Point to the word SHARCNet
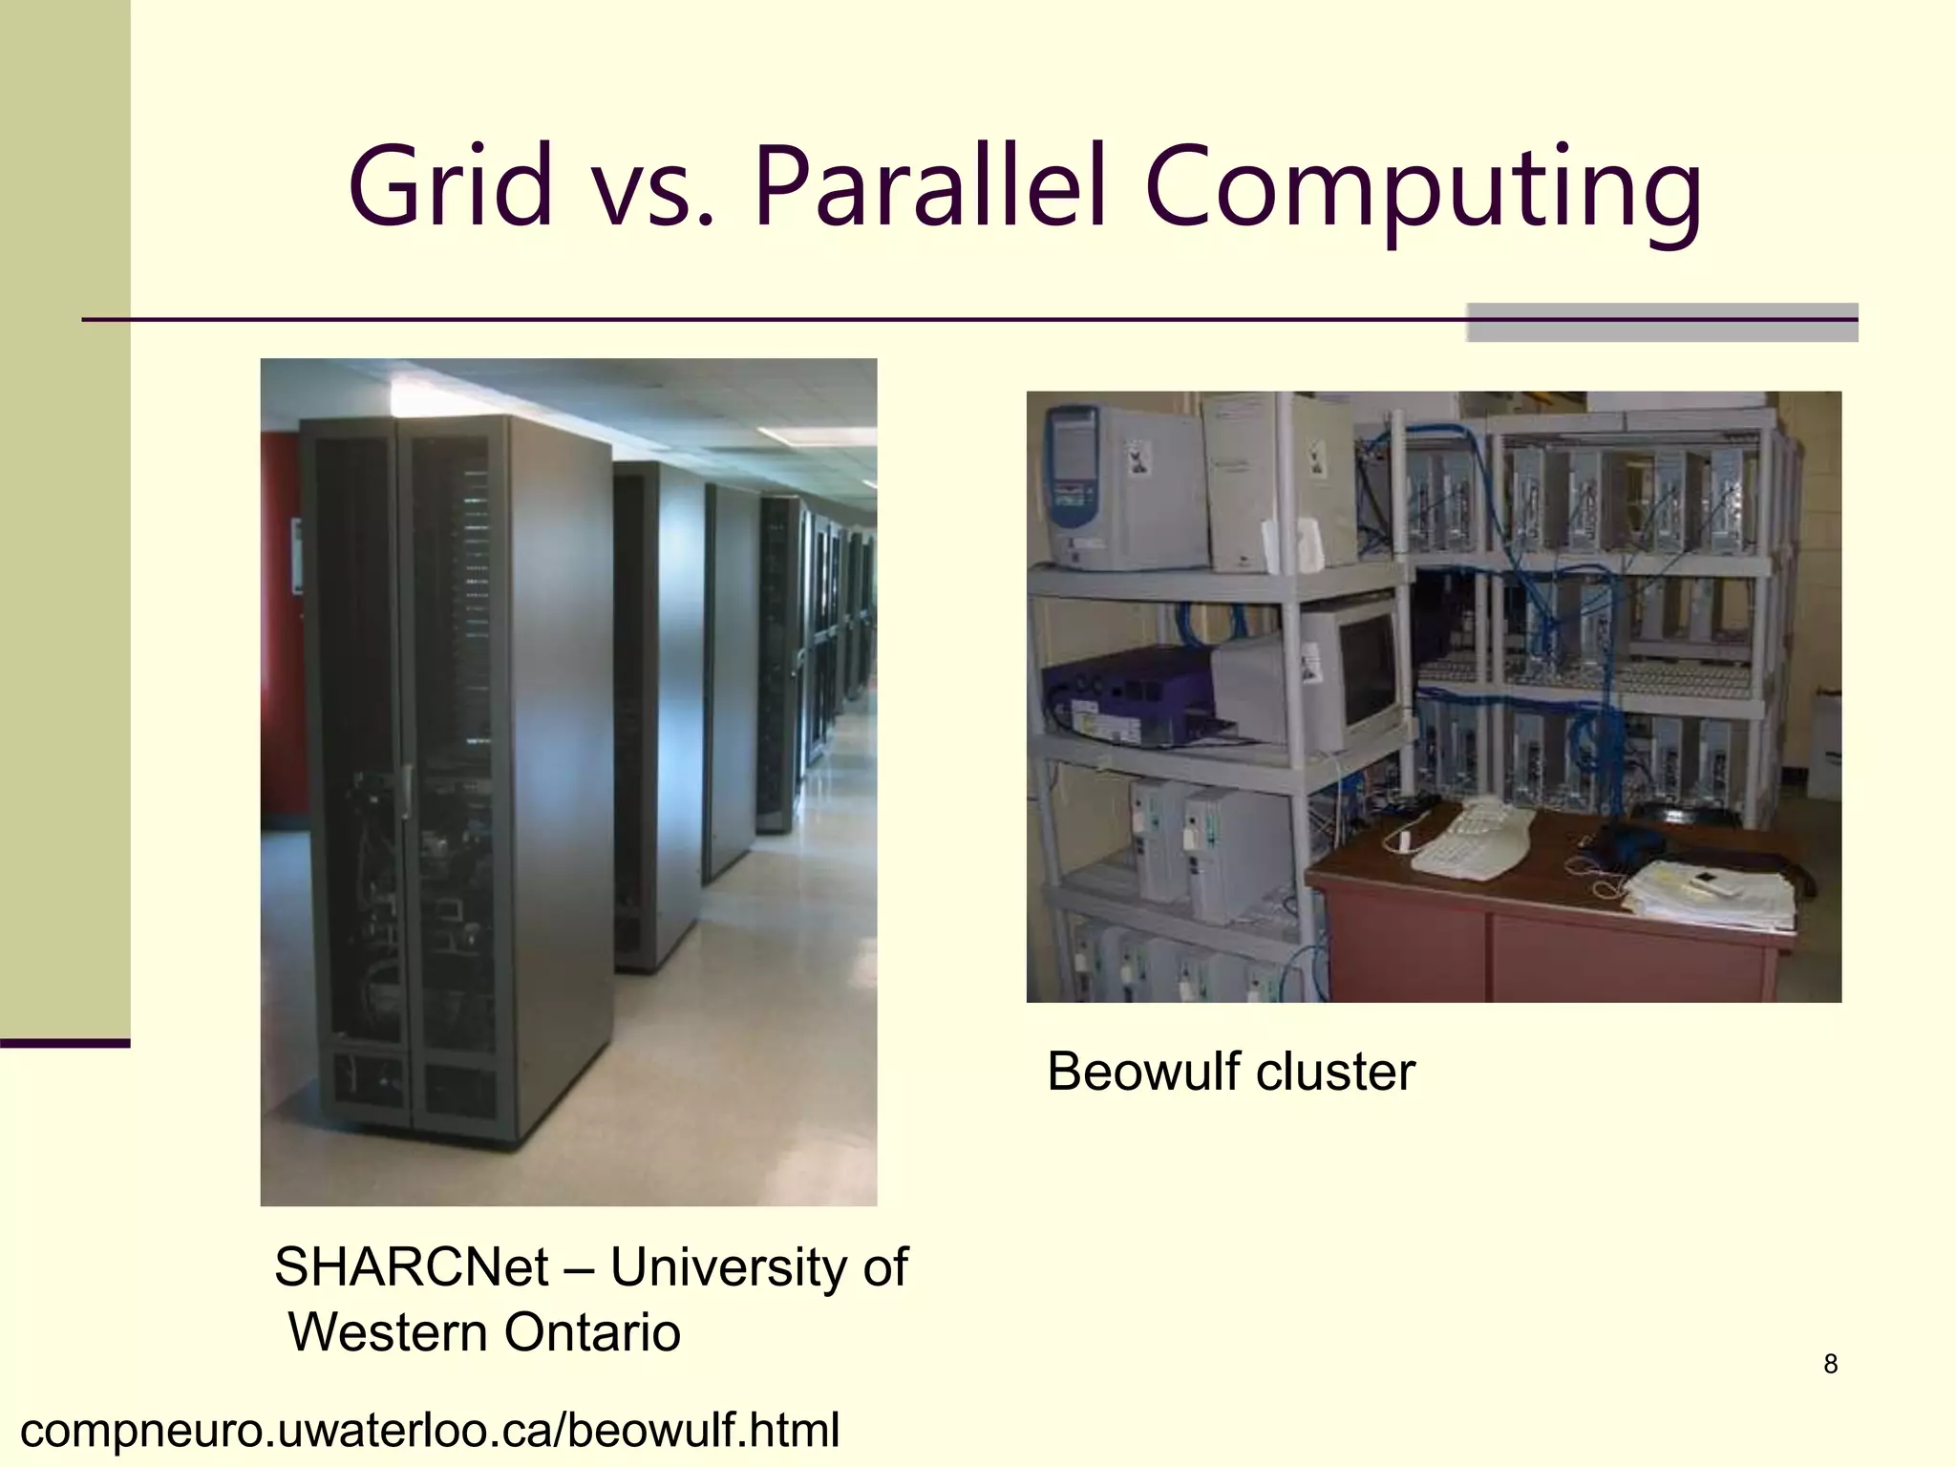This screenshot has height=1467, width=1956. tap(411, 1268)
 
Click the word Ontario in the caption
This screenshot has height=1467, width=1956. tap(592, 1332)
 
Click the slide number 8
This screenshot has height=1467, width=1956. tap(1830, 1364)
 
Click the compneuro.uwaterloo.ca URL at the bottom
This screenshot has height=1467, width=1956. tap(430, 1431)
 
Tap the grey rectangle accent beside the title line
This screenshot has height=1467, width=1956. tap(1662, 322)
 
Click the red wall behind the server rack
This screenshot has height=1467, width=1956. tap(282, 669)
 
